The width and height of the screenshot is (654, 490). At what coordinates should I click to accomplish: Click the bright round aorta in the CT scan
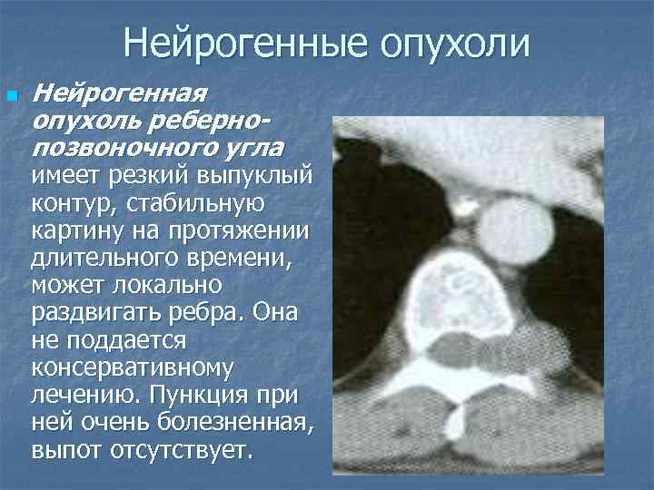[x=514, y=229]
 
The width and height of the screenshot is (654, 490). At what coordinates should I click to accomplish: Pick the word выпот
[x=63, y=450]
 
